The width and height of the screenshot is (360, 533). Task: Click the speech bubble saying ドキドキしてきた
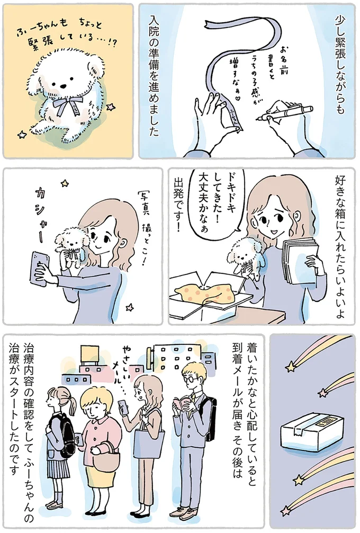217,204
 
